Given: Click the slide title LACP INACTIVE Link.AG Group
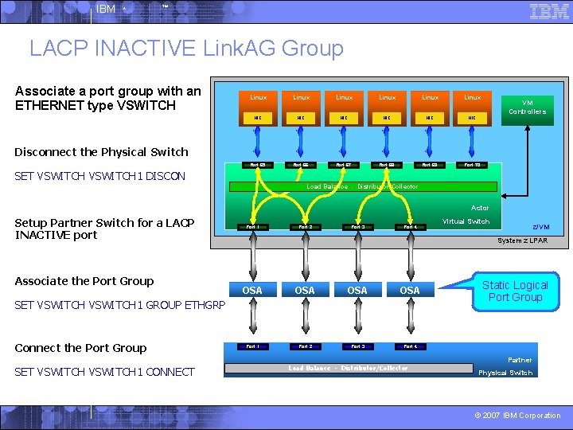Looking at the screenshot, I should click(x=186, y=49).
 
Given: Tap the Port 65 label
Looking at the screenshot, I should click(x=258, y=166).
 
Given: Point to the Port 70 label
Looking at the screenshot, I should click(x=473, y=166).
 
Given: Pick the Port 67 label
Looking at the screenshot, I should click(x=344, y=166).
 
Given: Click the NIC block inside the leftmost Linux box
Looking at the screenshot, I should click(x=258, y=118).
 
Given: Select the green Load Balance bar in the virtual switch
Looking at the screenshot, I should click(x=362, y=186).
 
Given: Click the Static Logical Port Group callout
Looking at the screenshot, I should click(x=515, y=291).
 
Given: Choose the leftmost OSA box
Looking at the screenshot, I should click(x=252, y=291).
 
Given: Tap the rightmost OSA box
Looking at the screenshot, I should click(x=410, y=291).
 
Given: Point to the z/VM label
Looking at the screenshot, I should click(x=540, y=227).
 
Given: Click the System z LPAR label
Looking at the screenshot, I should click(x=522, y=240).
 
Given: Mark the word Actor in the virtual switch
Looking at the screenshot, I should click(x=480, y=208).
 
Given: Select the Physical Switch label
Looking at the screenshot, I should click(x=505, y=373).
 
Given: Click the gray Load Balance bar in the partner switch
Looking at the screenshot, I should click(x=348, y=368).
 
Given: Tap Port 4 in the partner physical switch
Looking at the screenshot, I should click(x=410, y=346).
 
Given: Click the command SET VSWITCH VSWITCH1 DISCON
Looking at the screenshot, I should click(x=100, y=176).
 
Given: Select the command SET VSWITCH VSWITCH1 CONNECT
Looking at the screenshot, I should click(x=104, y=372).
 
